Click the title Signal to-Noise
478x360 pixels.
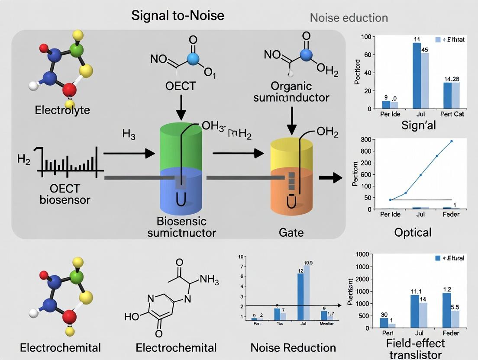(178, 16)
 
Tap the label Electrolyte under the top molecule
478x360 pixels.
(62, 110)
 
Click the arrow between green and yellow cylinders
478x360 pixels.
(238, 153)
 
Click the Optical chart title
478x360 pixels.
(413, 232)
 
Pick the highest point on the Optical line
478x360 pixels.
(451, 141)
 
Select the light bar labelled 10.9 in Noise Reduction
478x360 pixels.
(307, 292)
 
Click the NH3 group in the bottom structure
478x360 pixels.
(209, 280)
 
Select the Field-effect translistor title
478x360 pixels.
(415, 349)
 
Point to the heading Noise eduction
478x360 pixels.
(349, 18)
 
